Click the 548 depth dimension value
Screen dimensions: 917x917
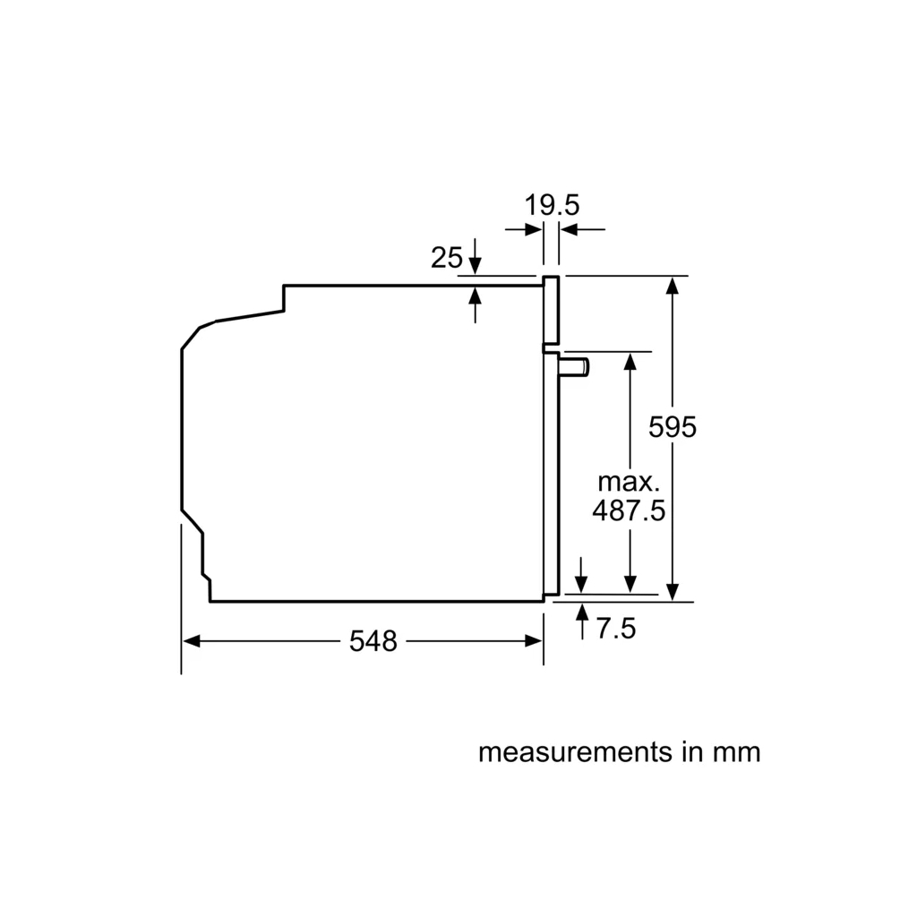(x=373, y=641)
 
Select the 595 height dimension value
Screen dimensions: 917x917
(x=673, y=427)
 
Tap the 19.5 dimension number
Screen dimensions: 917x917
(x=552, y=205)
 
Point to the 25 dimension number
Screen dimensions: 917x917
(x=447, y=258)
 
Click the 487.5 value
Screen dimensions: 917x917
(x=629, y=510)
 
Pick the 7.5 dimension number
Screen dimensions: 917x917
(x=615, y=629)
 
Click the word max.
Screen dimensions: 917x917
(x=629, y=481)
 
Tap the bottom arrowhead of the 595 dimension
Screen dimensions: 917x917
(x=673, y=593)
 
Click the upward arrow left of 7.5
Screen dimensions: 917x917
(x=583, y=613)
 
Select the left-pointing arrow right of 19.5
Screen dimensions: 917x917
(x=570, y=230)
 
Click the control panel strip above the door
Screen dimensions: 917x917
(x=552, y=309)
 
